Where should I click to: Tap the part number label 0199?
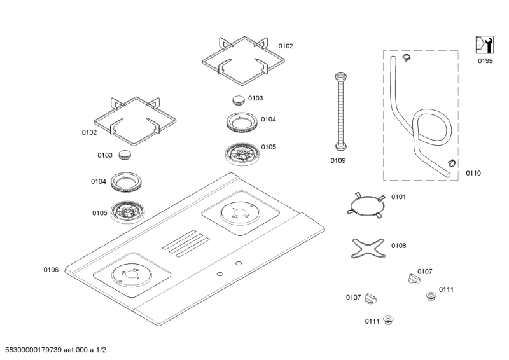click(x=485, y=62)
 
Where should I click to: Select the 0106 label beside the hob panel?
click(x=51, y=270)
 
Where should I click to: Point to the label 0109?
click(x=338, y=161)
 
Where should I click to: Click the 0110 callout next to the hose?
click(x=473, y=172)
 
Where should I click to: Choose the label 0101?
click(x=398, y=197)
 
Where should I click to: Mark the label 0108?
click(x=398, y=245)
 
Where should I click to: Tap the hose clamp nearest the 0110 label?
click(x=451, y=162)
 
